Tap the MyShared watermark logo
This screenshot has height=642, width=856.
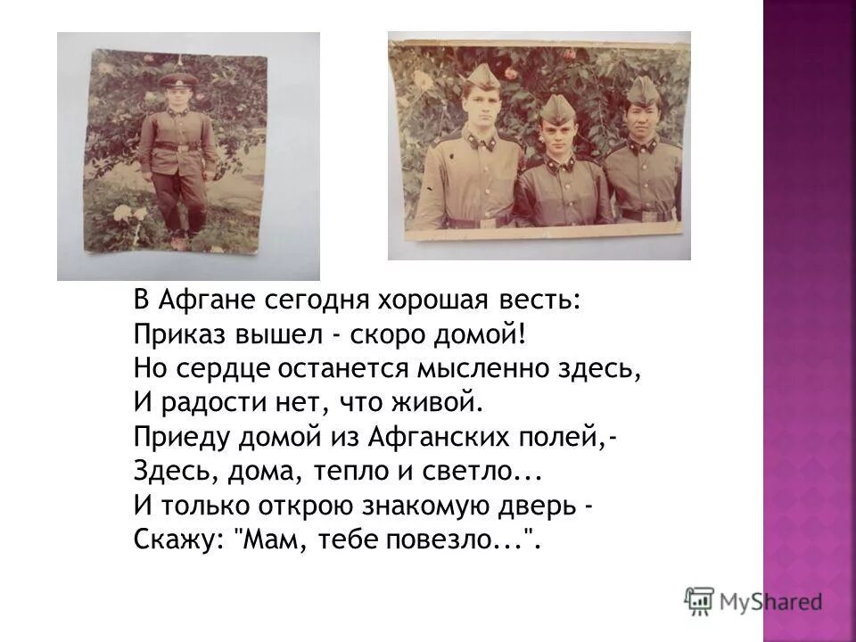(753, 599)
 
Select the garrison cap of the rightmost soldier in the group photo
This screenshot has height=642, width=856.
(642, 89)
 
